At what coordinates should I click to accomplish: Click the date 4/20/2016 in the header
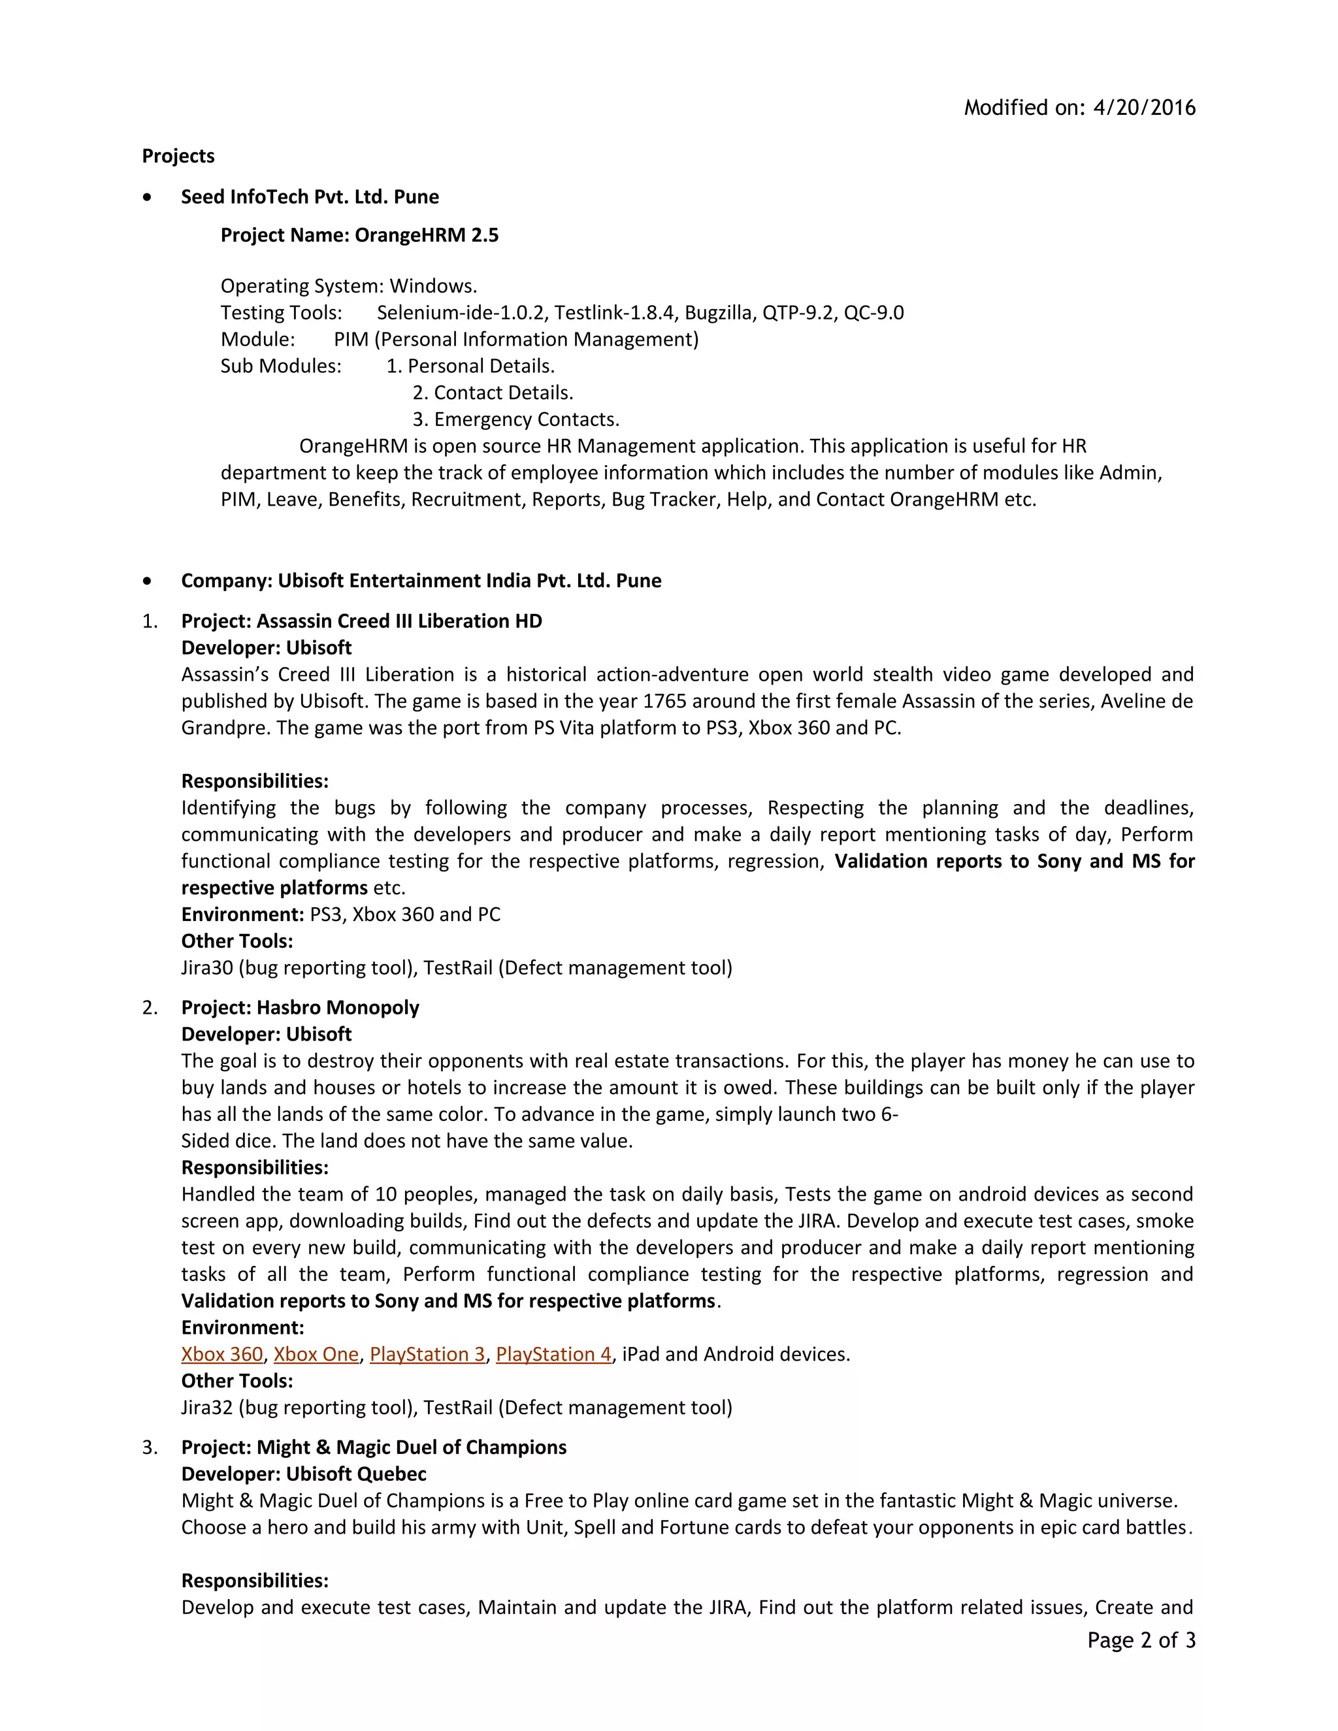[x=1144, y=108]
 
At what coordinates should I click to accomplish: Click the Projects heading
[x=178, y=156]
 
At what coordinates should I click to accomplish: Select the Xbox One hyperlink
[x=316, y=1355]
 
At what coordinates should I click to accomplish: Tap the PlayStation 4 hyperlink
[x=553, y=1355]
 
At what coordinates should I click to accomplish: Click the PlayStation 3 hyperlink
[x=427, y=1355]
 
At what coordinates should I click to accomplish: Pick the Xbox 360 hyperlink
[x=222, y=1355]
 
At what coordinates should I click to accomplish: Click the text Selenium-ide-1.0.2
[x=461, y=313]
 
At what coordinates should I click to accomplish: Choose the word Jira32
[x=207, y=1408]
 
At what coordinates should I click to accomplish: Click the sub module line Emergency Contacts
[x=516, y=420]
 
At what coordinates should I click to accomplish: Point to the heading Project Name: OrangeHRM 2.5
[x=359, y=235]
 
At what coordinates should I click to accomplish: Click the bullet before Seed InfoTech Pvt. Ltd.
[x=148, y=197]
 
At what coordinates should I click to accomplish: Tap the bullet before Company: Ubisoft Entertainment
[x=148, y=581]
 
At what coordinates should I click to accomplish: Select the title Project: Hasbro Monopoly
[x=300, y=1008]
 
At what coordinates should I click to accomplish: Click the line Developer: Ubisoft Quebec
[x=304, y=1474]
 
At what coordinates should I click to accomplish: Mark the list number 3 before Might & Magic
[x=149, y=1448]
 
